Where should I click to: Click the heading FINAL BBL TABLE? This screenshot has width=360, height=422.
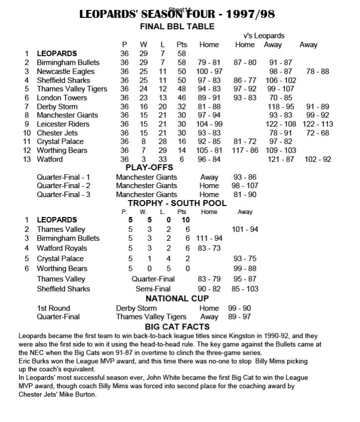coord(177,26)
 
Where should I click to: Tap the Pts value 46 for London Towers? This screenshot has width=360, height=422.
coord(181,98)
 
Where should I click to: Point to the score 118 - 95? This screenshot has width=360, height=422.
coord(281,106)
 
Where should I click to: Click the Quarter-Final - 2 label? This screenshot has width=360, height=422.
coord(64,186)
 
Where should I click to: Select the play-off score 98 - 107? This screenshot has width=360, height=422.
coord(246,186)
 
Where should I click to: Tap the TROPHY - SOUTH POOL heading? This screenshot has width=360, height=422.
coord(177,203)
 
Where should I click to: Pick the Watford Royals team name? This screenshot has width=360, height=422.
coord(62,248)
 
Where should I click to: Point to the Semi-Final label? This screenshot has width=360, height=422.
coord(153,289)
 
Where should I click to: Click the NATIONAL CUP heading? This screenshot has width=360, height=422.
coord(177,299)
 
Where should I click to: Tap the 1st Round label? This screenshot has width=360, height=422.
coord(53,308)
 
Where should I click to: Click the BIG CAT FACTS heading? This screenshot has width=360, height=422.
coord(177,327)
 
